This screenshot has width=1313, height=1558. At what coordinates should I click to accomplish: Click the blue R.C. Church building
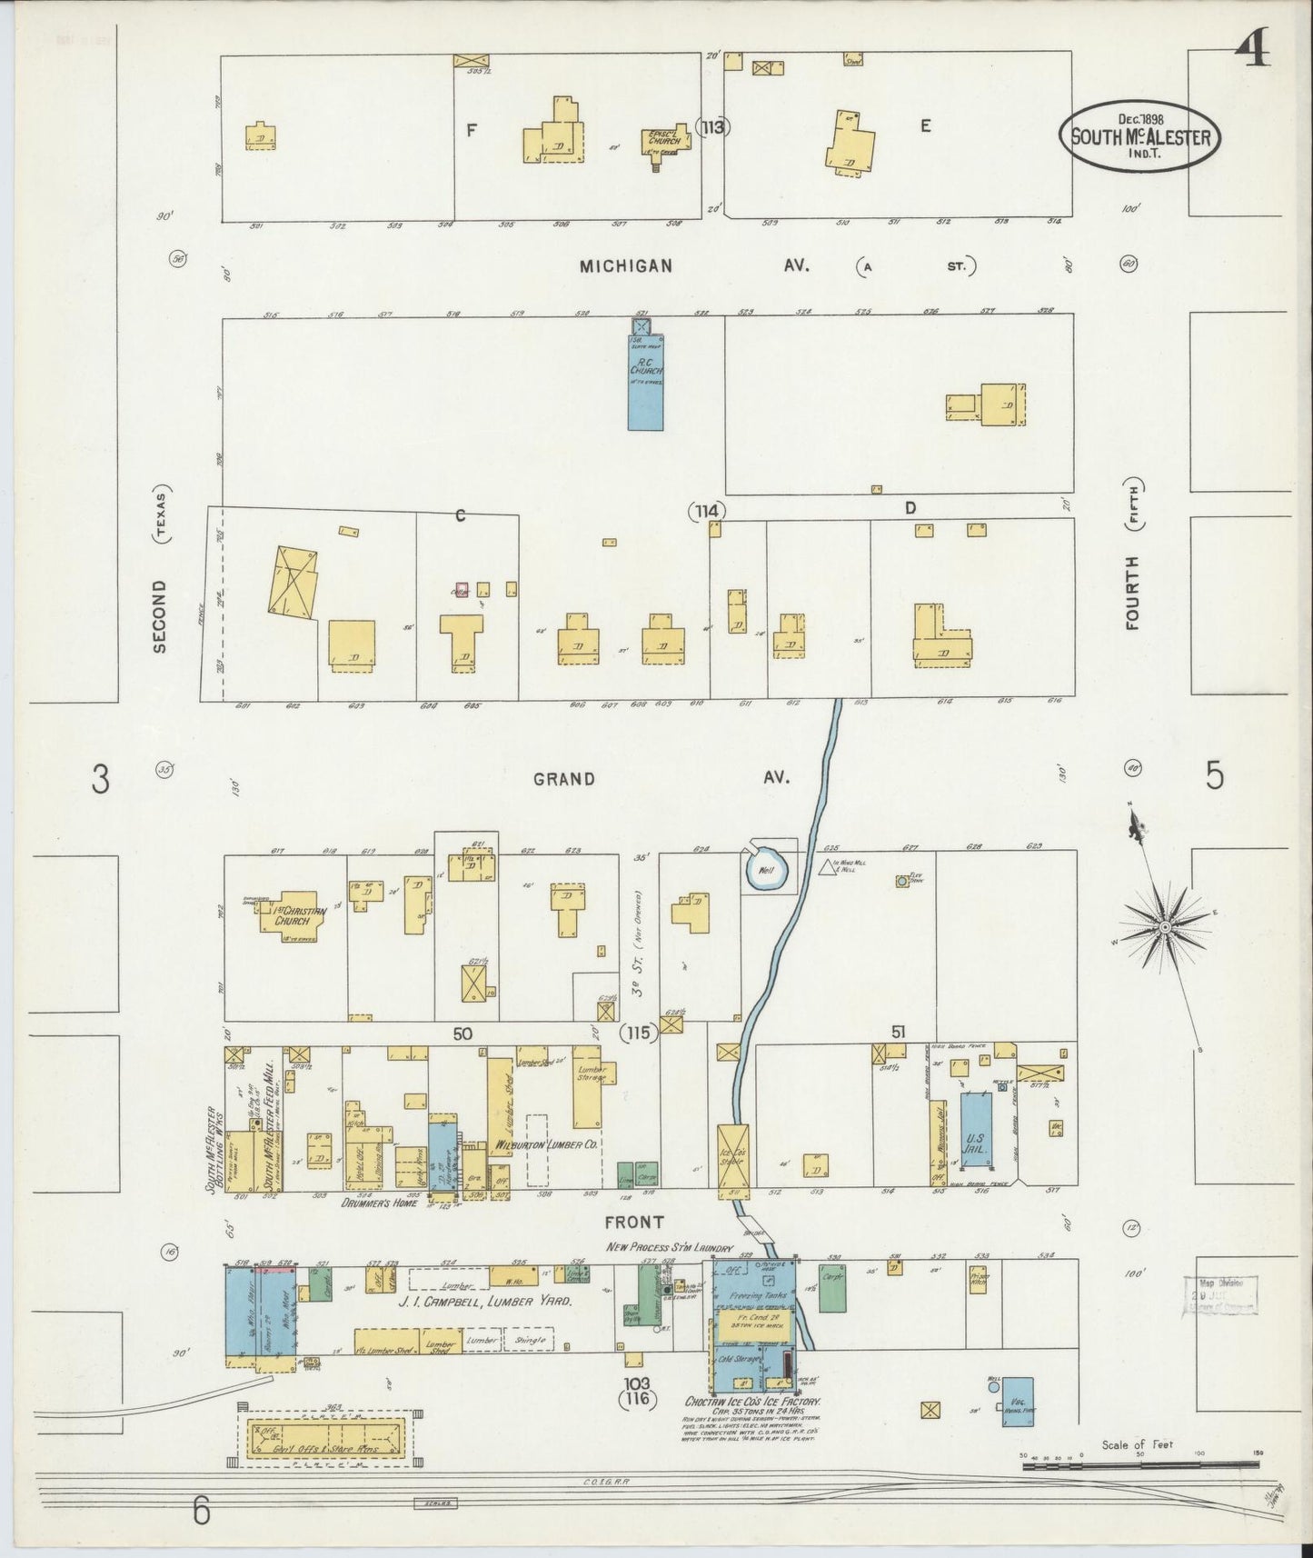(x=645, y=382)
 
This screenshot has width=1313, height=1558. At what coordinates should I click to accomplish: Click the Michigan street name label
(x=627, y=266)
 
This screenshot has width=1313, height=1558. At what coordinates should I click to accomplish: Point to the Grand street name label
(x=564, y=779)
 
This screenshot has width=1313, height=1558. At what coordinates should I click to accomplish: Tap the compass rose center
(x=1164, y=926)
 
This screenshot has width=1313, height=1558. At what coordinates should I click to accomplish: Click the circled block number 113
(x=712, y=127)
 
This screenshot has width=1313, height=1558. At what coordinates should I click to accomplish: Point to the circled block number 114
(x=706, y=512)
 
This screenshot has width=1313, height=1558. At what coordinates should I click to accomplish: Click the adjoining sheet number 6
(x=201, y=1513)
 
